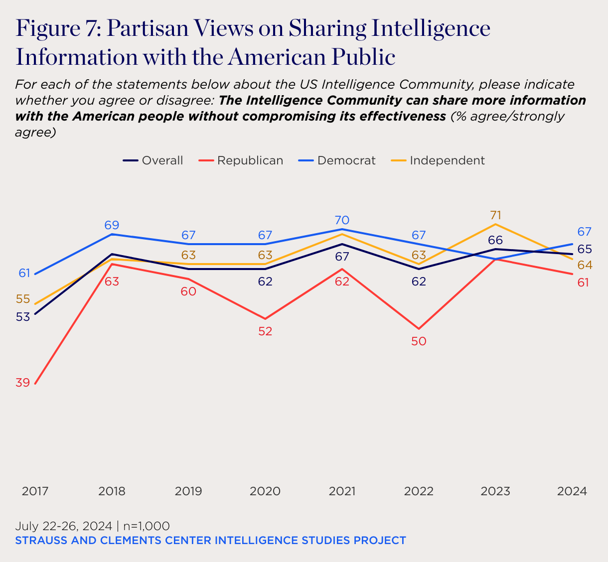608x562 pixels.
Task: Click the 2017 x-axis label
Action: (35, 491)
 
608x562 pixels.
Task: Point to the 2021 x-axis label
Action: (342, 491)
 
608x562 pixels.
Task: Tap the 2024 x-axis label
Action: (572, 491)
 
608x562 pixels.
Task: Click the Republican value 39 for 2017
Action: (22, 383)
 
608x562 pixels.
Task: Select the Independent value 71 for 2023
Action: (495, 215)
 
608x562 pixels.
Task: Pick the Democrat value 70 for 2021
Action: (342, 220)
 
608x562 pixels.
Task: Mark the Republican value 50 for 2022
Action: (419, 341)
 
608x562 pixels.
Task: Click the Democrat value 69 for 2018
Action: (112, 225)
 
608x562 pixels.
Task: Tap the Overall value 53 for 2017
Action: (22, 316)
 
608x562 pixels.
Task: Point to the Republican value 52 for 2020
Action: (265, 331)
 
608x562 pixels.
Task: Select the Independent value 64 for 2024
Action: (585, 265)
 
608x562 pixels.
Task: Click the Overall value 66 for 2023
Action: (495, 240)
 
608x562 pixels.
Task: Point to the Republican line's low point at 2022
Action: (419, 329)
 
